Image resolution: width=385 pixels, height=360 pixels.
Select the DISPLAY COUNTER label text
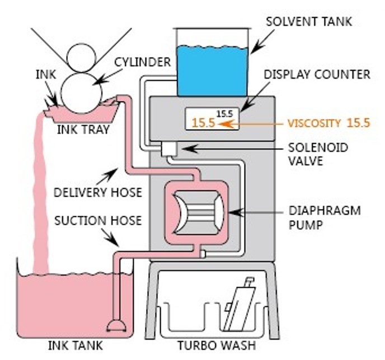click(317, 74)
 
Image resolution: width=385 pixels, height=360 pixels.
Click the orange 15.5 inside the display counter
click(203, 124)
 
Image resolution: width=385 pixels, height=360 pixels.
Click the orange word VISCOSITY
click(314, 124)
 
